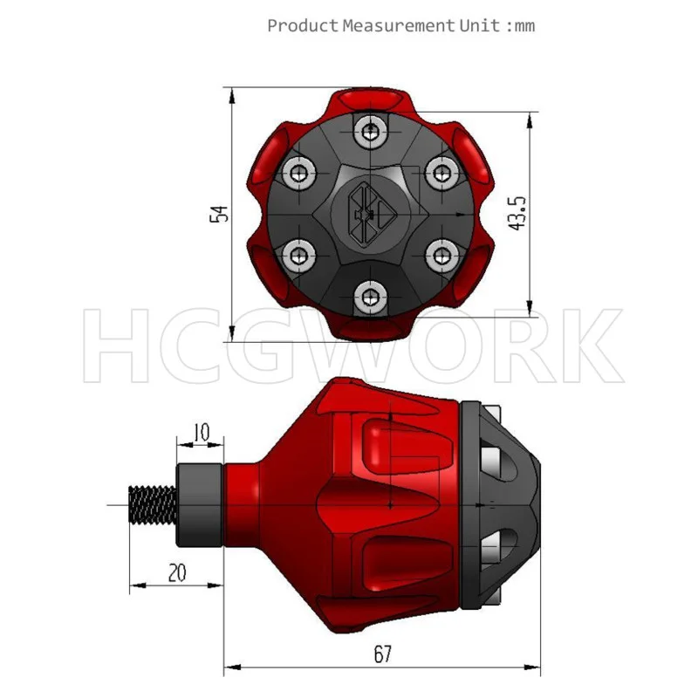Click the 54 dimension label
[219, 214]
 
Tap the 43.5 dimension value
[517, 214]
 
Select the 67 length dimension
[382, 654]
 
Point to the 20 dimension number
[177, 572]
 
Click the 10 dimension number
[202, 432]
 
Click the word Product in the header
[303, 25]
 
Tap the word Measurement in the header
[399, 26]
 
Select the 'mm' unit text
[524, 27]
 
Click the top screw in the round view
[370, 132]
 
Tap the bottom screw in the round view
[370, 297]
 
